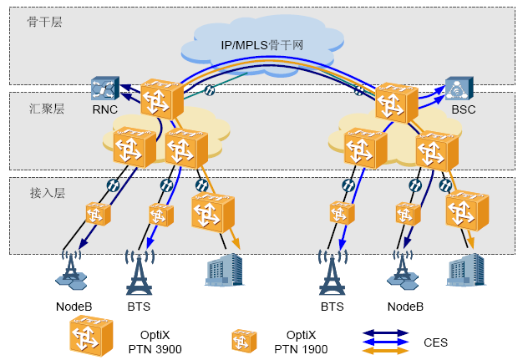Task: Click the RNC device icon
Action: coord(104,88)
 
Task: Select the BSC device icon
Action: coord(459,89)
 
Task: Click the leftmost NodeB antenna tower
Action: coord(72,266)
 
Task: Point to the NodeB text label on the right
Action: coord(404,307)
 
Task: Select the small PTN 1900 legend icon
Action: coord(243,339)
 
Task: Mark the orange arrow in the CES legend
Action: coord(385,351)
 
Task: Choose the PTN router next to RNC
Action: coord(160,99)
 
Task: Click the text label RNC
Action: coord(104,109)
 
